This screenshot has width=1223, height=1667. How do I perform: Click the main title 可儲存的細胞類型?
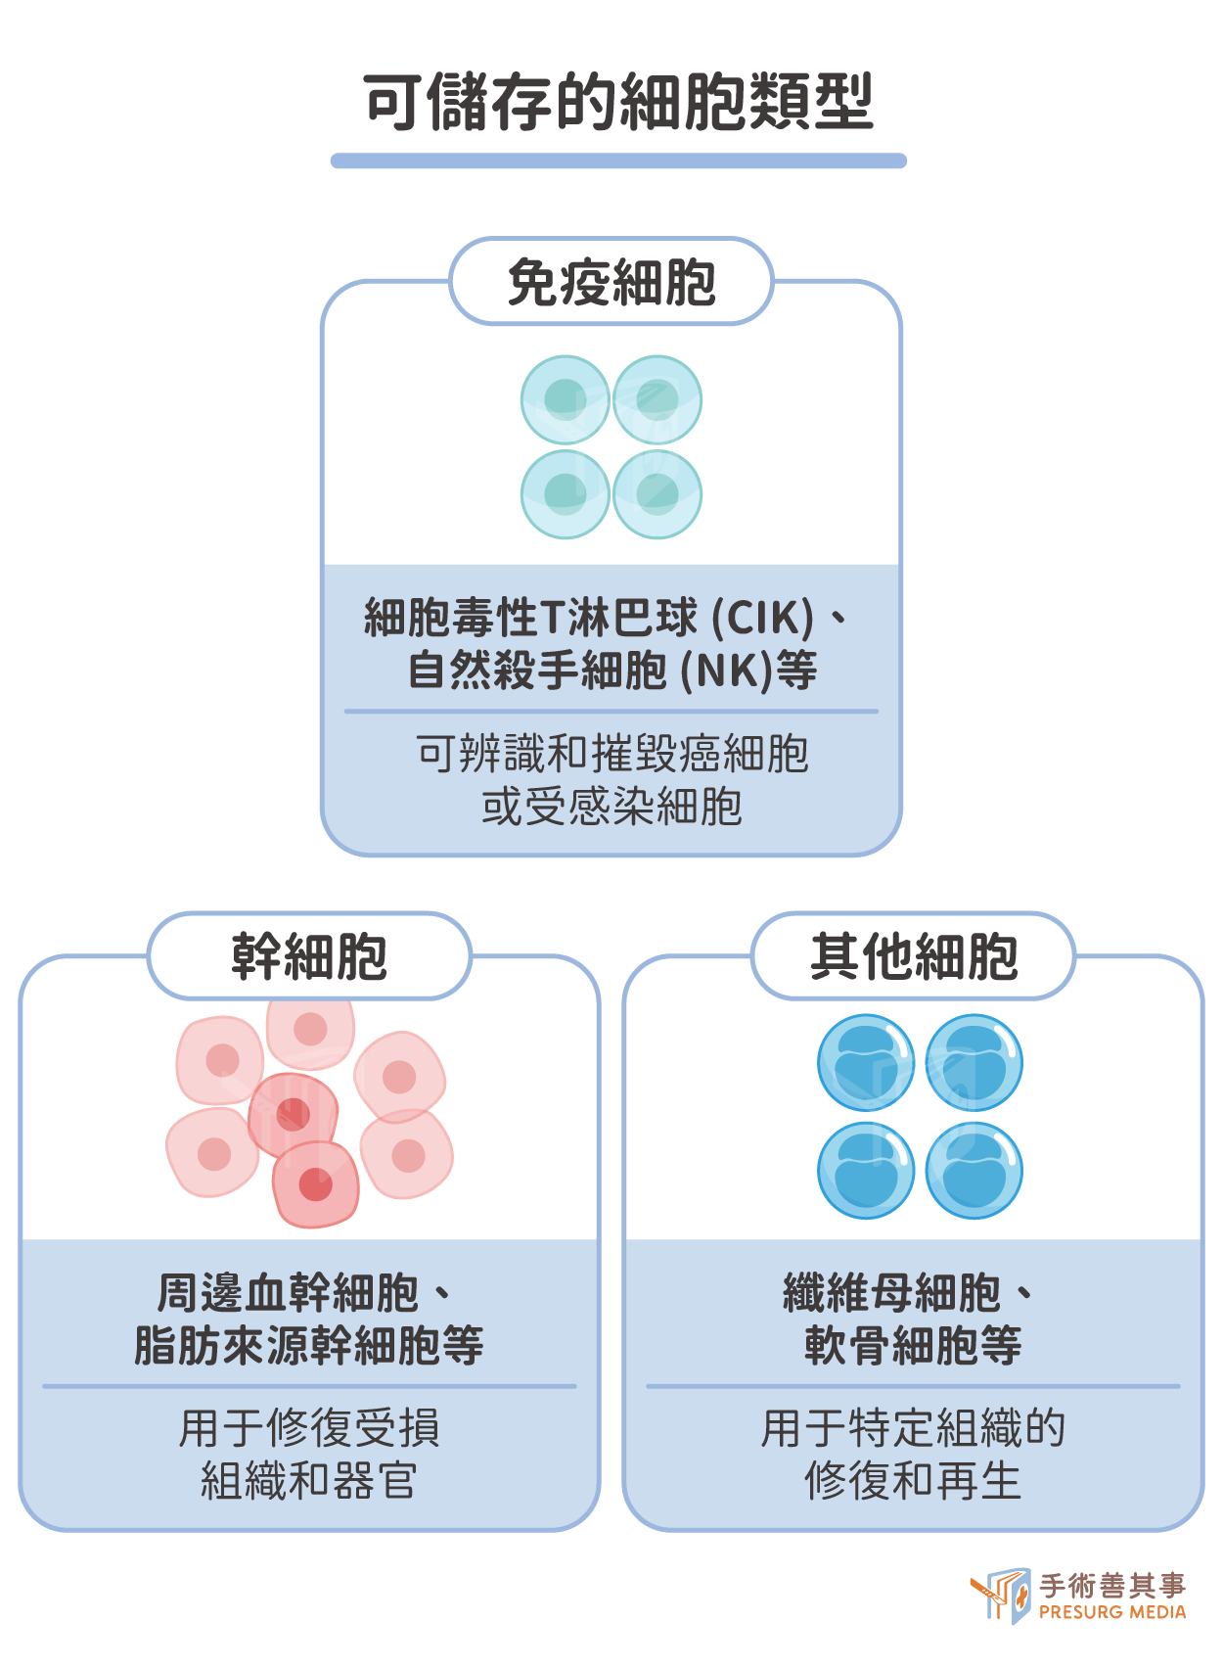(618, 102)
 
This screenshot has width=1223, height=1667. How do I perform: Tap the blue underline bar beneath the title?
(618, 161)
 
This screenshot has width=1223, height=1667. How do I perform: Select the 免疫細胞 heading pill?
(611, 281)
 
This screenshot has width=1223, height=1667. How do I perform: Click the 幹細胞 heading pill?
(309, 955)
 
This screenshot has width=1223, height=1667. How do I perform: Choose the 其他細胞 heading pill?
(913, 955)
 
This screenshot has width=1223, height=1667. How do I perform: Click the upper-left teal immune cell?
(566, 399)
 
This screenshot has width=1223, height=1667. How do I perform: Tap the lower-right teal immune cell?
(657, 494)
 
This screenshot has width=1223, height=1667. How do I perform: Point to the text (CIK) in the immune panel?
(762, 617)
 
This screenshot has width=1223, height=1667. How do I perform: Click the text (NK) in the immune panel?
(727, 670)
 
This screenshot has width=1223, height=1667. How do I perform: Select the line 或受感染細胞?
(611, 807)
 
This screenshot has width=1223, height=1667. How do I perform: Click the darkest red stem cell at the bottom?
(315, 1184)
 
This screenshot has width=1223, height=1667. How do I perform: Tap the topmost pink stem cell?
(310, 1032)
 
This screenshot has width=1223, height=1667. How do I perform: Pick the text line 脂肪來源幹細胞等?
(309, 1345)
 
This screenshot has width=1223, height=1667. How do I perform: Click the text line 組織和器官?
(309, 1480)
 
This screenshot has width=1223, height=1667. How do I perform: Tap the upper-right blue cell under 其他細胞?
(974, 1063)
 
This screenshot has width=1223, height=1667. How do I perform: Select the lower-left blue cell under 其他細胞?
(866, 1171)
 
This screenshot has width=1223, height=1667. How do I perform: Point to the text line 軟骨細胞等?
(913, 1345)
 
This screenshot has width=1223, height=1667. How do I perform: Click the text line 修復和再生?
(913, 1480)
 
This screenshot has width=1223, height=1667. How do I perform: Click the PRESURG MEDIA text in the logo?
(1112, 1612)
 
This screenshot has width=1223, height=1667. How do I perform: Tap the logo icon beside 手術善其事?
(1001, 1595)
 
